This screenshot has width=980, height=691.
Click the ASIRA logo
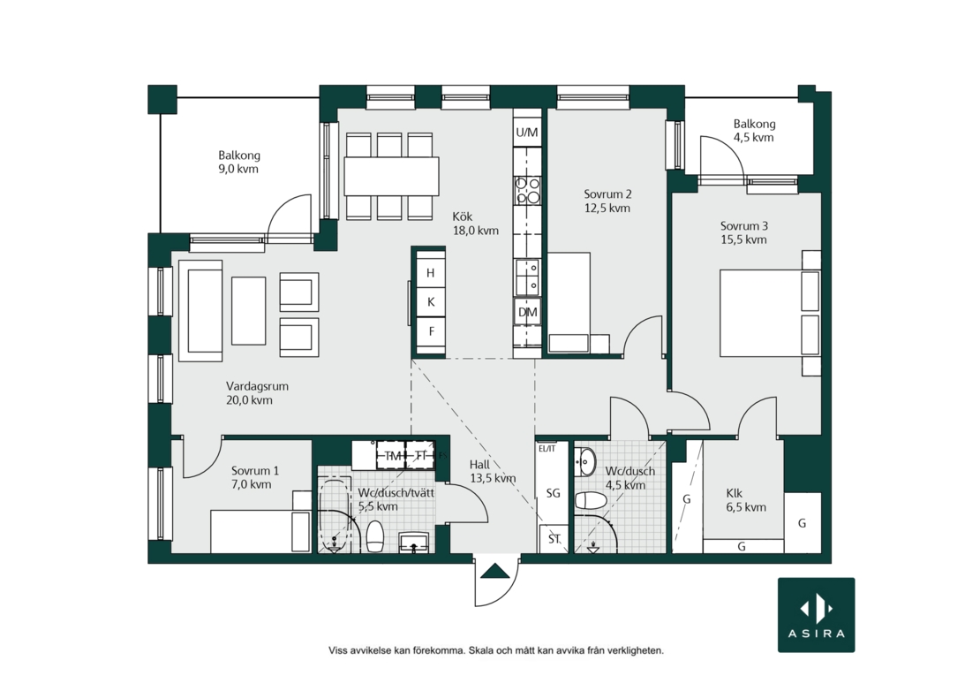click(x=816, y=615)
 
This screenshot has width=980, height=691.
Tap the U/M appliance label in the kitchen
click(x=527, y=133)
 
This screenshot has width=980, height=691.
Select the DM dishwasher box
click(x=527, y=312)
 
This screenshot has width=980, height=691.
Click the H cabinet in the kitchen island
click(x=431, y=273)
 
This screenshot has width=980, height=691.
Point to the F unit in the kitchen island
click(x=431, y=330)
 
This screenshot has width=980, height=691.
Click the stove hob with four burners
click(x=527, y=190)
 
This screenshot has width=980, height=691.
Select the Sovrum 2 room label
click(x=607, y=194)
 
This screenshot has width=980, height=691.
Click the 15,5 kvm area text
click(x=743, y=239)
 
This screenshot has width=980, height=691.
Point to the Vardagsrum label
click(x=257, y=386)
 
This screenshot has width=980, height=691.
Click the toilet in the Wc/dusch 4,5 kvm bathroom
click(x=591, y=500)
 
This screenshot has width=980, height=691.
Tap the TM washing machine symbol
click(x=392, y=456)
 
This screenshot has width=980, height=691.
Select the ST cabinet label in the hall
click(x=554, y=539)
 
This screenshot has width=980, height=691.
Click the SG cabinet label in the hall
click(x=553, y=493)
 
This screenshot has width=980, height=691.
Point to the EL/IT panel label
click(x=547, y=448)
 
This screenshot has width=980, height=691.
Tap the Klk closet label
click(x=735, y=493)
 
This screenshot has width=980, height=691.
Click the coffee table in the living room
click(x=249, y=311)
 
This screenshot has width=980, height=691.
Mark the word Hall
click(x=479, y=465)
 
